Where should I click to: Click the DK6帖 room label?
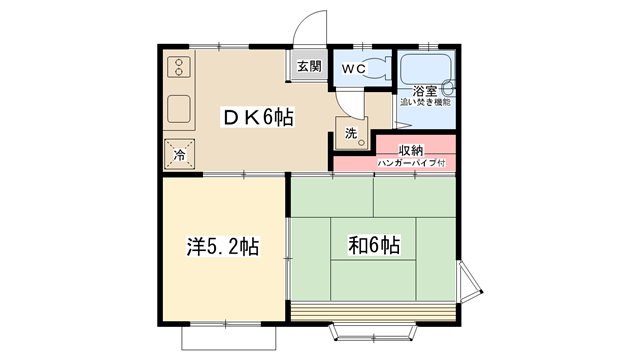click(258, 118)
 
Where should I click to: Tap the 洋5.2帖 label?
click(223, 246)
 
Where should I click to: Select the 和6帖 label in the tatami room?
click(374, 245)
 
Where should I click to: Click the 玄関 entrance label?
click(309, 66)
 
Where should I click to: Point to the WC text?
click(353, 69)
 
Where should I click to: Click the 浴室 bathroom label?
click(424, 91)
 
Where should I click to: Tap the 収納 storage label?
click(411, 150)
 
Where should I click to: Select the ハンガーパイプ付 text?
click(411, 163)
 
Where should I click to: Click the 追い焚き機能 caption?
click(425, 102)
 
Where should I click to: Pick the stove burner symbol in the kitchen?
click(179, 67)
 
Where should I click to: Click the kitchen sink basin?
click(179, 109)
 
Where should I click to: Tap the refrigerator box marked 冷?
click(179, 154)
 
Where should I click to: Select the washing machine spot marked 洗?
click(351, 133)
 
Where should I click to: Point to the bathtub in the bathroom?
click(426, 69)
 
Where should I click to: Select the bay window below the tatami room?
click(374, 332)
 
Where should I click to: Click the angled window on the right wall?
click(470, 282)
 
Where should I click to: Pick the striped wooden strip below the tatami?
click(373, 312)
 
